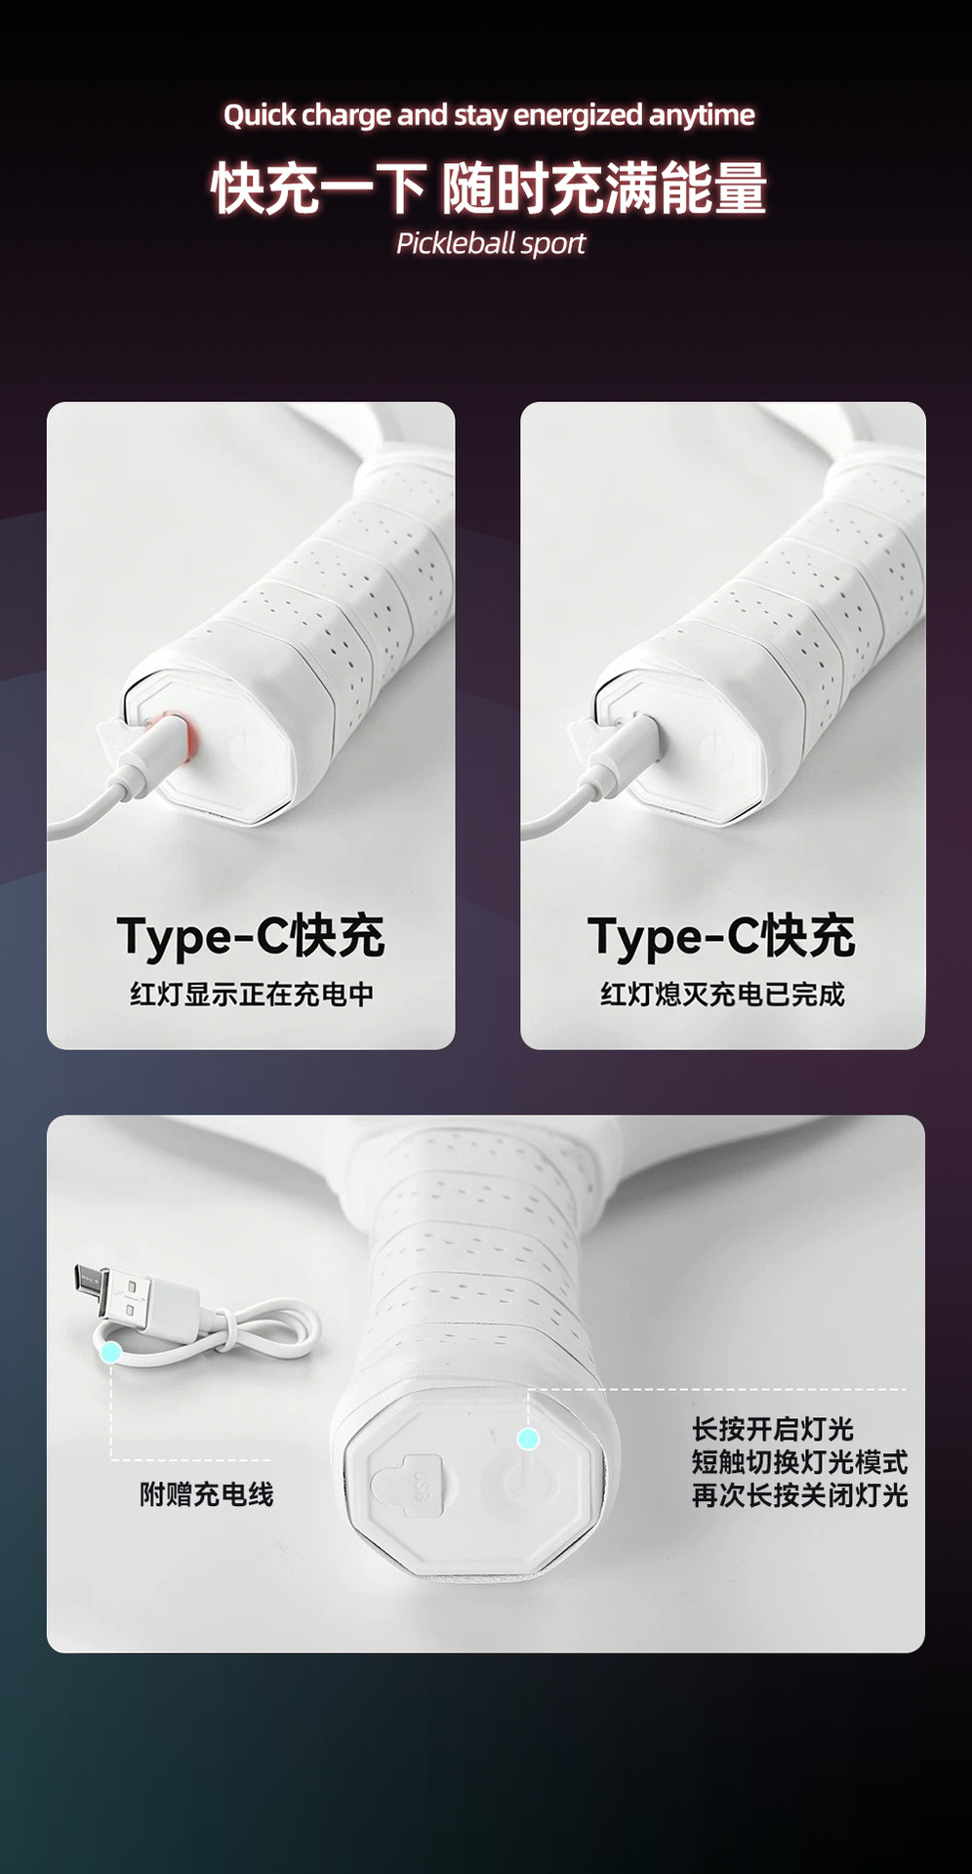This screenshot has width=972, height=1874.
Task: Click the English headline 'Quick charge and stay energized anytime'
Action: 489,115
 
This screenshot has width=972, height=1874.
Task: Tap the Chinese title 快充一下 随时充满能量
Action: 489,187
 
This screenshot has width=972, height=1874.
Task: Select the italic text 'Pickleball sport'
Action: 491,243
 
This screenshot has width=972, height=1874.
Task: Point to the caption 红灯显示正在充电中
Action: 252,994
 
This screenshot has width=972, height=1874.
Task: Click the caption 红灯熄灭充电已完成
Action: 722,994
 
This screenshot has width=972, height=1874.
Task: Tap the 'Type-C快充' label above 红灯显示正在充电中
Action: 251,936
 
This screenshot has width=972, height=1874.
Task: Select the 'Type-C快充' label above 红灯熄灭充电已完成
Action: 721,936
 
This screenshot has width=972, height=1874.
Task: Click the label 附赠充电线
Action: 207,1494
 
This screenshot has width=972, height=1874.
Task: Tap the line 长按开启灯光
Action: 773,1429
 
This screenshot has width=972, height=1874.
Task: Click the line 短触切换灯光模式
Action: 800,1462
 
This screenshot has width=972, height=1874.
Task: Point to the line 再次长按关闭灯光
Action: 800,1495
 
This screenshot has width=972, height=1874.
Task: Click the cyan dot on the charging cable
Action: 111,1352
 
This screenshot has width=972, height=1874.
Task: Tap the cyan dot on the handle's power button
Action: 528,1439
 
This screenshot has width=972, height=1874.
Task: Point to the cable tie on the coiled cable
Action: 227,1329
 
